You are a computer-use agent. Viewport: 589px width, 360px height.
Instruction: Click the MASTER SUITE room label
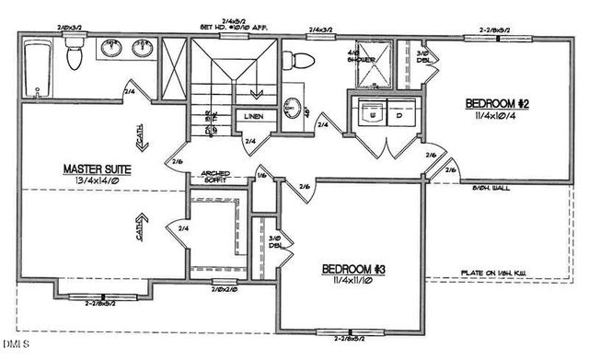pos(97,168)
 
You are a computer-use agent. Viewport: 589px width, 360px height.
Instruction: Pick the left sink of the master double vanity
pos(111,48)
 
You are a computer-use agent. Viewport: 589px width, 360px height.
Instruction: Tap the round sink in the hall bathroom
pos(292,103)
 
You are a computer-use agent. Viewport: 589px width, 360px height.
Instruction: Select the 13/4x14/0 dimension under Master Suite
pos(97,182)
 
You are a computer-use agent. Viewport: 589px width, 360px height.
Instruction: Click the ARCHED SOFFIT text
pos(214,175)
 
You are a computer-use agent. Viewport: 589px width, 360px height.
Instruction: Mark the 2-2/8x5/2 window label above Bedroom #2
pos(498,30)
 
